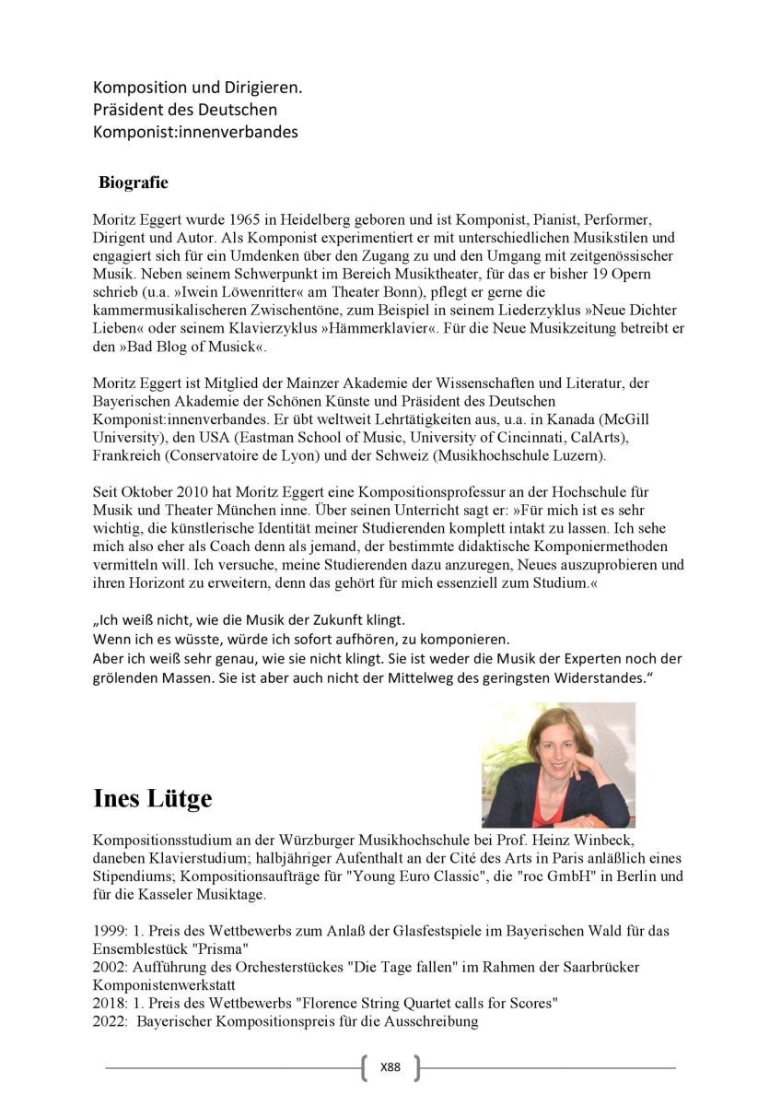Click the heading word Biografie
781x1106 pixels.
click(134, 182)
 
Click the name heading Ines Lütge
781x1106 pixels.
click(152, 798)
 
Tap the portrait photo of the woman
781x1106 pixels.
click(558, 764)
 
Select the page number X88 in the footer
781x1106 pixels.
click(390, 1068)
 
